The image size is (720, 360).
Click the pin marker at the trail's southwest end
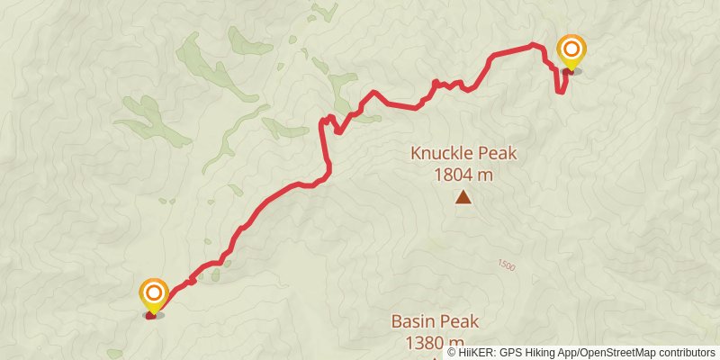coord(154,297)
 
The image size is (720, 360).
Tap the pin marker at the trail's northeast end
coord(571,52)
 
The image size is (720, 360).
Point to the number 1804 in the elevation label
coord(454,174)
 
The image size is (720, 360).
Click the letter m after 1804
coord(486,174)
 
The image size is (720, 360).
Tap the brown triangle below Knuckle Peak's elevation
coord(463,197)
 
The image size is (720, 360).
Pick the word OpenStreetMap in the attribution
coord(619,352)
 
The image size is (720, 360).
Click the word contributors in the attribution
coord(687,352)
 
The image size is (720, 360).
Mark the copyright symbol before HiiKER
coord(453,352)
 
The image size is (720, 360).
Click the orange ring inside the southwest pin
coord(154,292)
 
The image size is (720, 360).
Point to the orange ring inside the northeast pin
coord(571,48)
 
